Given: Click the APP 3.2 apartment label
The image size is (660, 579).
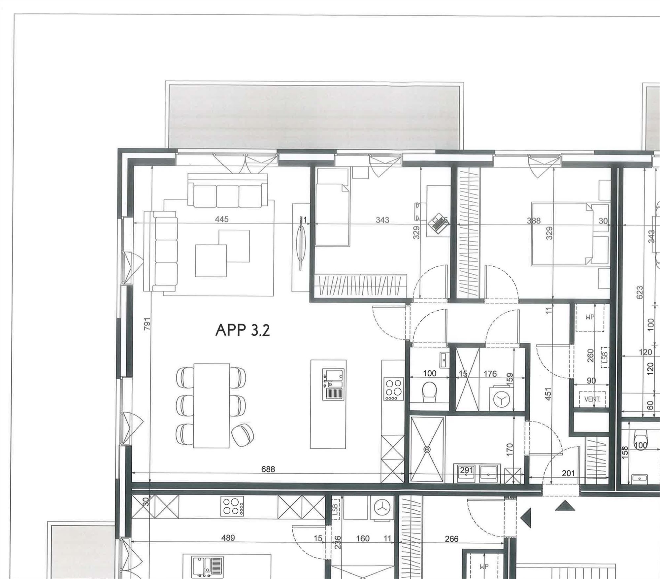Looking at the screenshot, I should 243,330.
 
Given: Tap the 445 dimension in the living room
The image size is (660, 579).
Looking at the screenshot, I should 221,219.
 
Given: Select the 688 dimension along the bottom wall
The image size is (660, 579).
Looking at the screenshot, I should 268,469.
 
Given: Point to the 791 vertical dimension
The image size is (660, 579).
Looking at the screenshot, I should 147,324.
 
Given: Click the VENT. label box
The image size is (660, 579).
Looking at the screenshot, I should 592,399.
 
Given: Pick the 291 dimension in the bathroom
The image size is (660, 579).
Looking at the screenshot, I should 467,470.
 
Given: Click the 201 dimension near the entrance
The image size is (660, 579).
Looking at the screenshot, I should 568,473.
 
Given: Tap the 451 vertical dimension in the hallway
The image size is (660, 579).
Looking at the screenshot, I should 548,394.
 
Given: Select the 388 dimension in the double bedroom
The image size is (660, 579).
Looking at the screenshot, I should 534,221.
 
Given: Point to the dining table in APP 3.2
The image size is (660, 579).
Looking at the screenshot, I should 211,405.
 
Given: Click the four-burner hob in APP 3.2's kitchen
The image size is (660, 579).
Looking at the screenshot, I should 394,389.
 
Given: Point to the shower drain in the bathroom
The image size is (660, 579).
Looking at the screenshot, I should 427,449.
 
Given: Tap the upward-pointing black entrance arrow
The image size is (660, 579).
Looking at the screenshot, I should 565,506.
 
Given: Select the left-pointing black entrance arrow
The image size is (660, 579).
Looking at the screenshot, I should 526,518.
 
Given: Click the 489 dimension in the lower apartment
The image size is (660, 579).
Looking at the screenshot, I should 228,538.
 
